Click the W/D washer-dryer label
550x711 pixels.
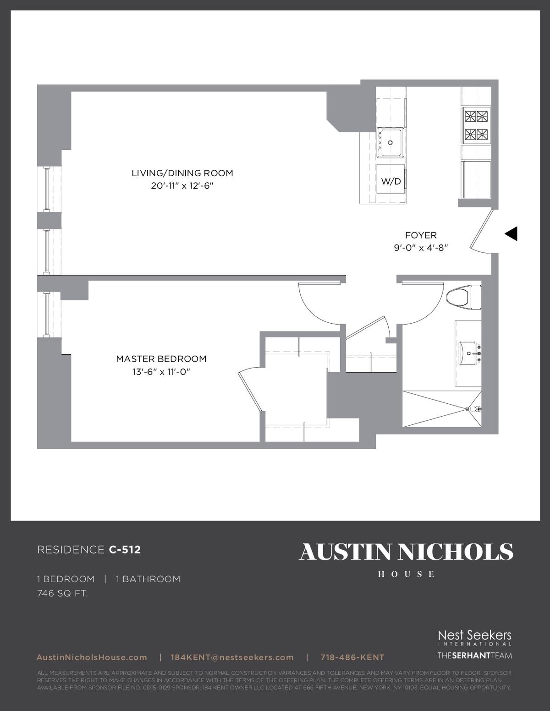pos(391,181)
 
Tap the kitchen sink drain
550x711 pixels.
pos(390,143)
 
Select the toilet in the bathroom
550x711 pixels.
pos(463,298)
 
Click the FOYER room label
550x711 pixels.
pos(421,235)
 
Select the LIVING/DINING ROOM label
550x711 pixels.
pos(182,173)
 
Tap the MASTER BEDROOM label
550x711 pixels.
pos(161,359)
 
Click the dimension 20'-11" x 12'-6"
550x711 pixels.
pos(182,186)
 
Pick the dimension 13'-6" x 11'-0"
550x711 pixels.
pos(161,372)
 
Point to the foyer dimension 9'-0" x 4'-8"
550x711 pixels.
pos(421,248)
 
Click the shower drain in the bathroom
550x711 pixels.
pos(467,409)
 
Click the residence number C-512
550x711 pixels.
pos(125,549)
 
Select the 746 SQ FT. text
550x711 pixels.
pos(63,593)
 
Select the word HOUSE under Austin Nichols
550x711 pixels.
pos(407,574)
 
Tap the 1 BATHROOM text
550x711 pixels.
pos(148,579)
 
